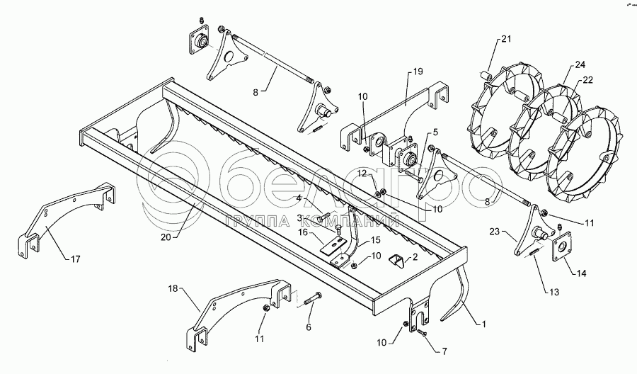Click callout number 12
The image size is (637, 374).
pyautogui.click(x=362, y=173)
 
